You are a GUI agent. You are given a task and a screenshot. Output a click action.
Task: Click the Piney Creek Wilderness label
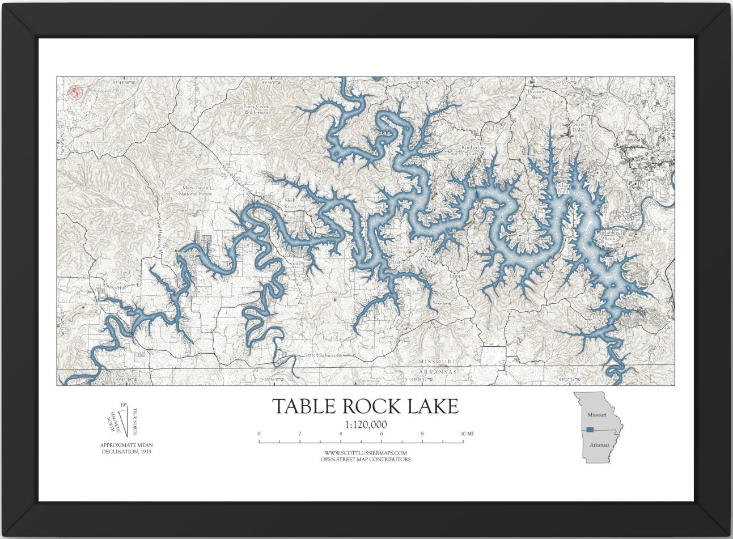click(x=256, y=109)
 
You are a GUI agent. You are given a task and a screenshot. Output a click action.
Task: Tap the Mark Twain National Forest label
click(x=195, y=190)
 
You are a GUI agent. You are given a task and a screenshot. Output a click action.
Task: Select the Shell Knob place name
click(x=290, y=203)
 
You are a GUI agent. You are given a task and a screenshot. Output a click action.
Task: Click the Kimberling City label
click(x=473, y=150)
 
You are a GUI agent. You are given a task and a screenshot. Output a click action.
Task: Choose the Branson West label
click(x=536, y=94)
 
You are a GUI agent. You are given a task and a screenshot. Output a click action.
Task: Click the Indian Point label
click(x=562, y=188)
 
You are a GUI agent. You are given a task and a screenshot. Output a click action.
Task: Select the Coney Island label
click(x=522, y=236)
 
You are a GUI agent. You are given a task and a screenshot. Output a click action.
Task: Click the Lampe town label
click(x=456, y=276)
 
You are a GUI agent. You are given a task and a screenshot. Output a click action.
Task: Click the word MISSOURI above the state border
click(x=437, y=362)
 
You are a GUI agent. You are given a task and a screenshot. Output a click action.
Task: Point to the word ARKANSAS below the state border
click(x=437, y=372)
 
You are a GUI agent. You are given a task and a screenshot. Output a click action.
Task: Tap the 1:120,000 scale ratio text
click(x=366, y=424)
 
